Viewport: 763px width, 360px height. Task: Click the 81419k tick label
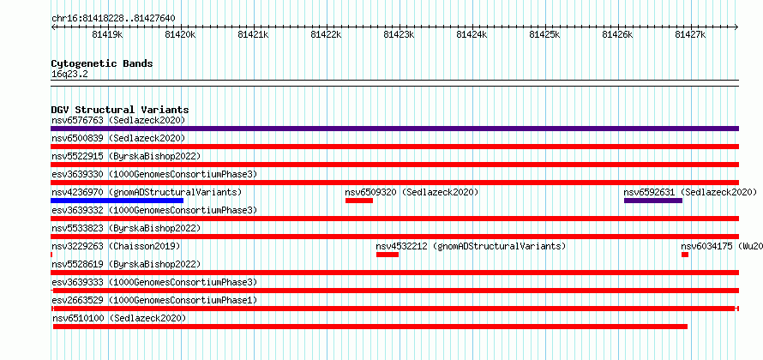point(107,34)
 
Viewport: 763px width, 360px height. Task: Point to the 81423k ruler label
point(399,34)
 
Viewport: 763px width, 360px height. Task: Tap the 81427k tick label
point(690,34)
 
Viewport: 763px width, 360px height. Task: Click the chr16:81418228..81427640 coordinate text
point(113,19)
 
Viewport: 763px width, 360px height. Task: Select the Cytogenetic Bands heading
point(102,63)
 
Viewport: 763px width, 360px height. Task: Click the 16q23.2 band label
point(69,75)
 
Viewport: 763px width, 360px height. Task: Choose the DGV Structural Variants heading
point(120,110)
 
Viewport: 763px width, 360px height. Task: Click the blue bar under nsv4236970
point(117,201)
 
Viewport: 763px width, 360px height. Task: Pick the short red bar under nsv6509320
point(359,201)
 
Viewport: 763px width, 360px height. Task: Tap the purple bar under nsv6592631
point(653,201)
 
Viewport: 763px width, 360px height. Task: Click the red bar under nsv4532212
point(388,255)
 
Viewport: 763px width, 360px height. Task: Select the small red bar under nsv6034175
point(685,255)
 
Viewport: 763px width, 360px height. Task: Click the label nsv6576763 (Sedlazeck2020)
point(118,120)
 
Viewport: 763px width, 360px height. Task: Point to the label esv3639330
point(77,174)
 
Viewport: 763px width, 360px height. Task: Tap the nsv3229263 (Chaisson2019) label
point(116,246)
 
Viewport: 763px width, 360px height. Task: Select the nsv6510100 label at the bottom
point(78,318)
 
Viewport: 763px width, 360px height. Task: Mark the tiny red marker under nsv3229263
point(51,255)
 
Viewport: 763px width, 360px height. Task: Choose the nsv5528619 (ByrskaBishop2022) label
point(126,264)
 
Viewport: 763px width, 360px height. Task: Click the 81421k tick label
point(253,34)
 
